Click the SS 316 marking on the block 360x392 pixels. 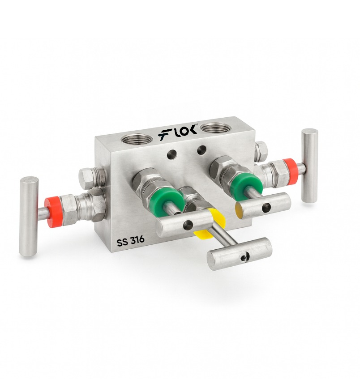[x=131, y=240]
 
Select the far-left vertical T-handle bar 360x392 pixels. [x=29, y=217]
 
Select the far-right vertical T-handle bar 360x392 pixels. [x=309, y=166]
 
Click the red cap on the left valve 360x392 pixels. [x=53, y=212]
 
